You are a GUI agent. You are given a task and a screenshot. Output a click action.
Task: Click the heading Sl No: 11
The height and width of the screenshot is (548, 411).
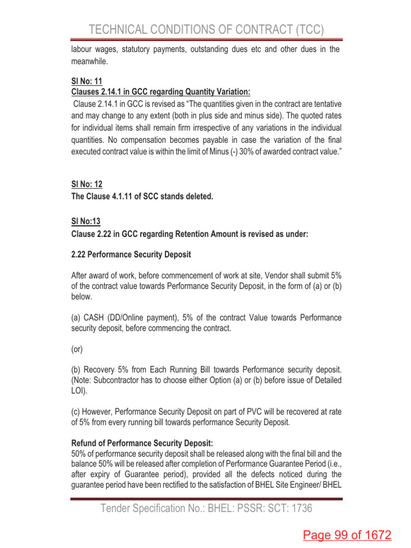pyautogui.click(x=87, y=82)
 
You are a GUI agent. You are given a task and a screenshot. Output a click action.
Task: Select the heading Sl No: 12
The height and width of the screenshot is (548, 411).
pyautogui.click(x=87, y=184)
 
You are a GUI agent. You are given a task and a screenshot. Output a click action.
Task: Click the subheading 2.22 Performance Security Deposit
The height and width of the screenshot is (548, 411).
pyautogui.click(x=131, y=255)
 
